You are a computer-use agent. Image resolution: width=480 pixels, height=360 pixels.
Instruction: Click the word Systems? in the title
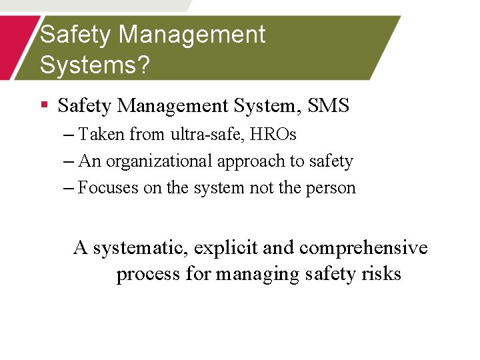(x=95, y=65)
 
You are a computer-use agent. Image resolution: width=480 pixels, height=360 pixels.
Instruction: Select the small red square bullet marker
(x=44, y=105)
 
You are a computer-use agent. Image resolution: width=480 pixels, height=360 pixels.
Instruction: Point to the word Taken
(x=101, y=135)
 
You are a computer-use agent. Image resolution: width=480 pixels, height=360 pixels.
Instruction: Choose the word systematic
(x=141, y=248)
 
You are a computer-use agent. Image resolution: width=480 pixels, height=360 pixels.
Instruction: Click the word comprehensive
(x=363, y=248)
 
